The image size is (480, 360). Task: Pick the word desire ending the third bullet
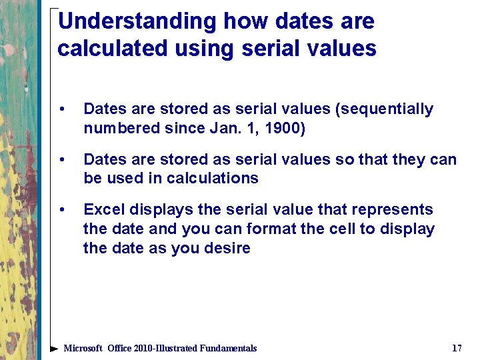227,249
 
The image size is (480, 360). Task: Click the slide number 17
457,348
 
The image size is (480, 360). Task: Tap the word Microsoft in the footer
83,348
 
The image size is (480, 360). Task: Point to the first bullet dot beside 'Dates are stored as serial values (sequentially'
62,109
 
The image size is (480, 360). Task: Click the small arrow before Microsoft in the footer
56,348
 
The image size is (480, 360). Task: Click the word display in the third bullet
409,229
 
